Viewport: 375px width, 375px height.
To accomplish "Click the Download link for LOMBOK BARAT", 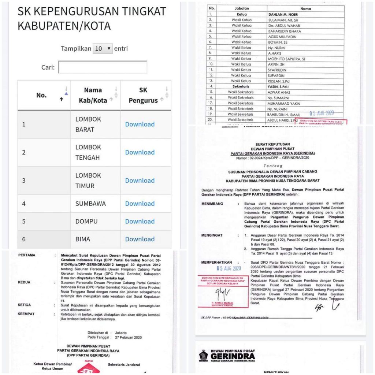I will (140, 124).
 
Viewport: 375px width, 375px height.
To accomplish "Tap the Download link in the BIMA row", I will (140, 239).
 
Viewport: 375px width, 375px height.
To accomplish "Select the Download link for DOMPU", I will (140, 221).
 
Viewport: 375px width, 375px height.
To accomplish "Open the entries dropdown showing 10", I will (103, 48).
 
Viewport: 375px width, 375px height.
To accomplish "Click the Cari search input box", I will (103, 67).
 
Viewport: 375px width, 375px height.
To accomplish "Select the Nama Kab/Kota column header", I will (93, 95).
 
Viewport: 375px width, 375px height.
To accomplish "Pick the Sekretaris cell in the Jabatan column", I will (241, 86).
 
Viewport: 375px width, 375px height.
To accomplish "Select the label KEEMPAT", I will (27, 314).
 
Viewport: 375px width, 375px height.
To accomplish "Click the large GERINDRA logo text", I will (233, 356).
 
